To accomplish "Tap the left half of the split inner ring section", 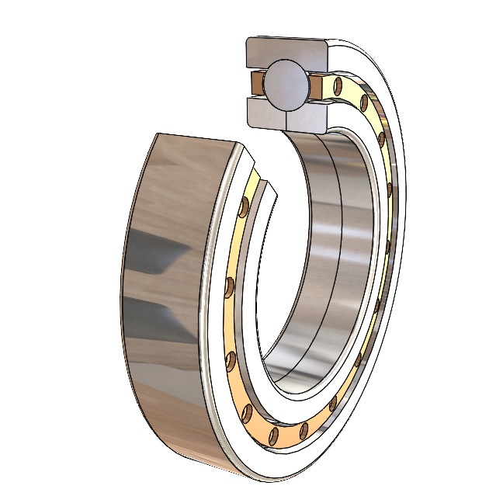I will (x=266, y=113).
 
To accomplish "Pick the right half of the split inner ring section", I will (x=309, y=115).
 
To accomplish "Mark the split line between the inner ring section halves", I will (x=286, y=116).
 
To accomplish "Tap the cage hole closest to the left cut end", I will (x=245, y=206).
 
